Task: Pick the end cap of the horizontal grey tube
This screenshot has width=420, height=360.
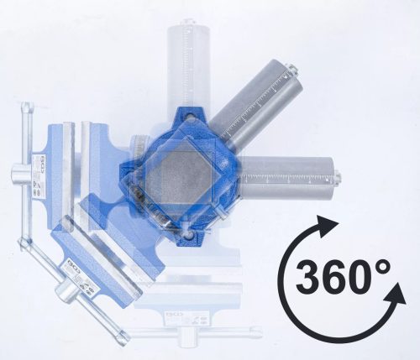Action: tap(336, 176)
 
